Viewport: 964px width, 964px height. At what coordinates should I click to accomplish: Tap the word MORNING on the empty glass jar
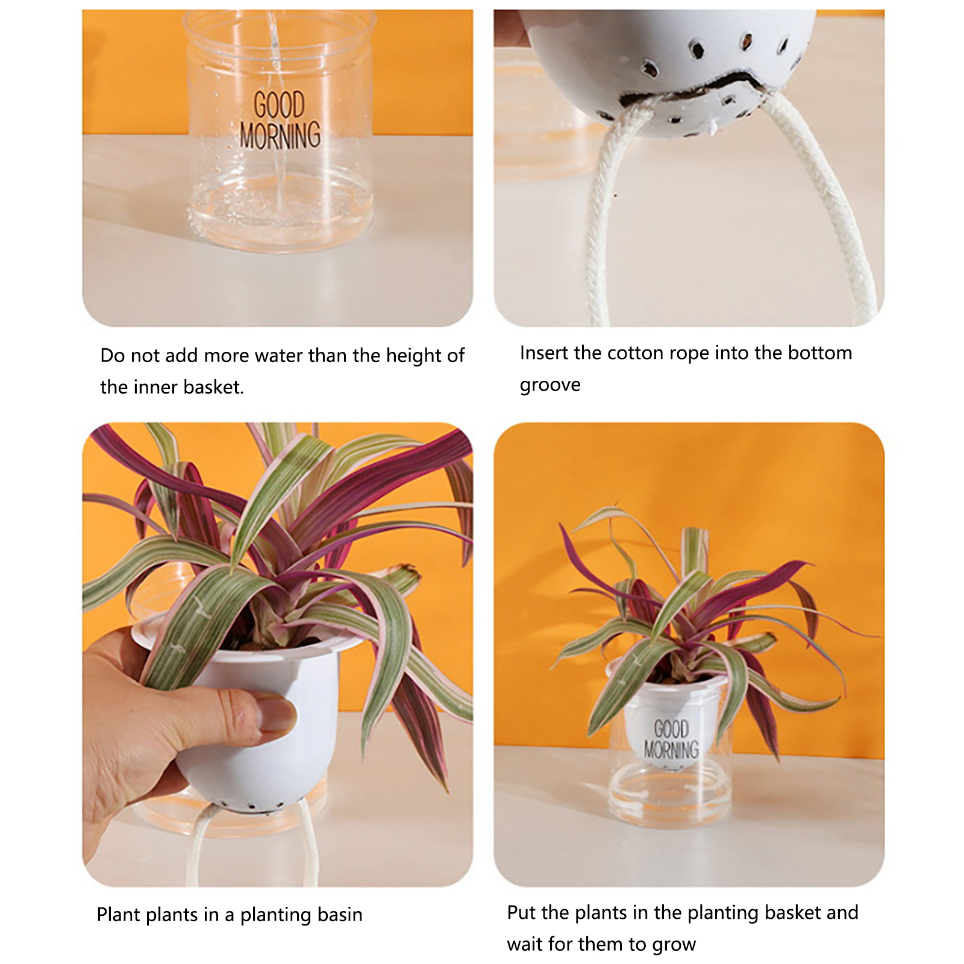(280, 135)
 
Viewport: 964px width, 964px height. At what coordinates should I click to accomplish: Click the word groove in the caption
(550, 385)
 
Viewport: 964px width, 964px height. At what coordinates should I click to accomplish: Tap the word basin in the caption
(340, 915)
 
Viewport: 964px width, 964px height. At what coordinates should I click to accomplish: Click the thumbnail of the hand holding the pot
(278, 654)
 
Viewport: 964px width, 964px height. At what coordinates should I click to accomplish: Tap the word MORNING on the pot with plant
(671, 750)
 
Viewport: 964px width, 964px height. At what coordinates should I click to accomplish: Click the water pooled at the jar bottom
(280, 211)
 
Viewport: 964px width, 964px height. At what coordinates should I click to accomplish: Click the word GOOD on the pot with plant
(671, 729)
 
